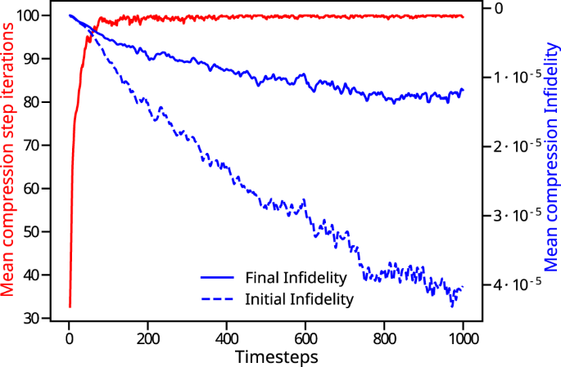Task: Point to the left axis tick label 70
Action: [x=39, y=145]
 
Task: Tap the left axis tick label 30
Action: [x=39, y=319]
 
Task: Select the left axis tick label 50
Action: [x=39, y=232]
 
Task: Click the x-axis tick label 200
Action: [x=148, y=338]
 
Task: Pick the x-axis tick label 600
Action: [x=305, y=338]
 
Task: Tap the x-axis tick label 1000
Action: [x=463, y=338]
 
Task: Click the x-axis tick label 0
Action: [x=70, y=338]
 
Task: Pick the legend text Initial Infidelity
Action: [x=299, y=299]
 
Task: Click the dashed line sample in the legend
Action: [x=215, y=299]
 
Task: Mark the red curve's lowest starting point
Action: [x=70, y=307]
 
